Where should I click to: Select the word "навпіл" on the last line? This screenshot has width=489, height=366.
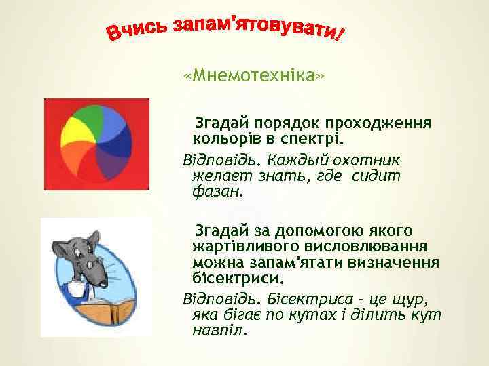(x=220, y=331)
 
